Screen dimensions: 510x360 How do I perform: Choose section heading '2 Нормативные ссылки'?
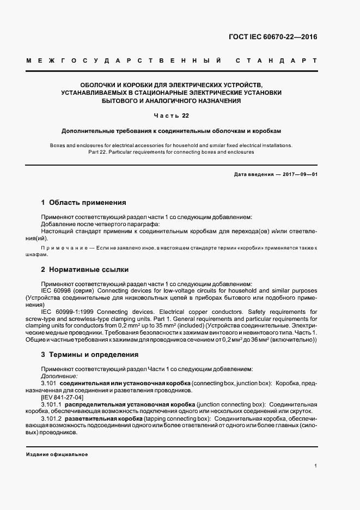(85, 270)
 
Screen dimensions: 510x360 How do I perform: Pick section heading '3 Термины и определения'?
(90, 355)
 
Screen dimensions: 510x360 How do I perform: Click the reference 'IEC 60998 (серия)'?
(67, 290)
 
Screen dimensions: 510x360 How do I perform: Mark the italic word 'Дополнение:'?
(59, 376)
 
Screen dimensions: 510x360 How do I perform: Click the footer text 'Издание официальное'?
(57, 454)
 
